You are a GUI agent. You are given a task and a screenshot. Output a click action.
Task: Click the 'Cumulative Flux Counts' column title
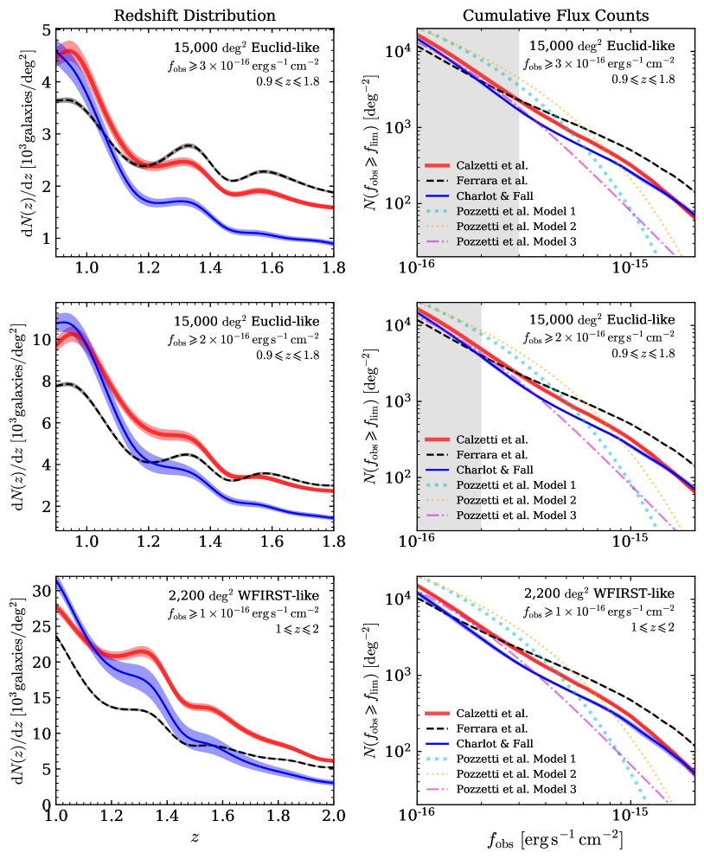pyautogui.click(x=555, y=16)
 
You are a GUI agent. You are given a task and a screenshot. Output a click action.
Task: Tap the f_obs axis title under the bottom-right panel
pyautogui.click(x=555, y=840)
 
